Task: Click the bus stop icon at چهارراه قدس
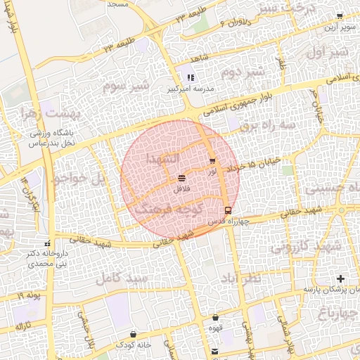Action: click(228, 210)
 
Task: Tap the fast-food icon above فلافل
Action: click(182, 179)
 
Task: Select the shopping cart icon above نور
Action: click(212, 161)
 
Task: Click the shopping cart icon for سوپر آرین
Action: click(340, 15)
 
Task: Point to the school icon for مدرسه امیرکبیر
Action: click(191, 77)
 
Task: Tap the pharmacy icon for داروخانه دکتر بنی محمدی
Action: click(47, 244)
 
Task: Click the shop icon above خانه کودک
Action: click(134, 334)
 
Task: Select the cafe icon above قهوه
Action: click(215, 318)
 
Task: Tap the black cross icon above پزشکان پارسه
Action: click(341, 279)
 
